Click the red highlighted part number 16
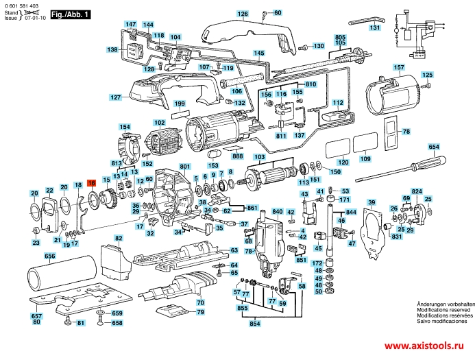click(91, 183)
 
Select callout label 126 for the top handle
click(243, 14)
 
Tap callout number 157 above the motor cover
click(398, 67)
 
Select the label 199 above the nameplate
click(180, 104)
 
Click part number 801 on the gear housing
click(184, 167)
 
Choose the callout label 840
click(277, 214)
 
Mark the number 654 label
click(434, 147)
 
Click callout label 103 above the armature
click(259, 158)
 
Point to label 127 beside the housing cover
click(116, 97)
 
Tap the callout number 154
click(124, 127)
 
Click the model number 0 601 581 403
click(21, 5)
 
